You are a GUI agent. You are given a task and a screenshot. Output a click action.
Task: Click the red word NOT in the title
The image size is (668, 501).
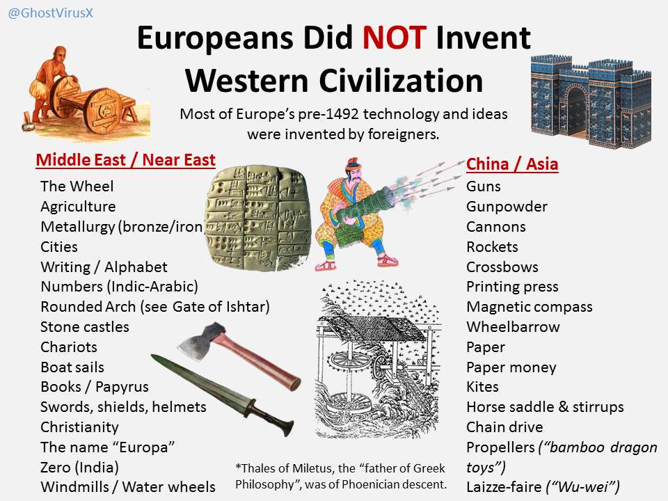tap(394, 38)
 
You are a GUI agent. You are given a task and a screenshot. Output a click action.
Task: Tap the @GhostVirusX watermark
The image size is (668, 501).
tap(50, 13)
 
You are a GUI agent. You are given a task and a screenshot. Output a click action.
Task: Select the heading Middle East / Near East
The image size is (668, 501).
tap(126, 160)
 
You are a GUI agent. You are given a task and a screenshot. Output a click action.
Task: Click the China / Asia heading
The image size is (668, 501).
tap(512, 164)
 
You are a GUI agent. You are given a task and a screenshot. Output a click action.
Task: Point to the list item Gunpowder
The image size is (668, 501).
tap(507, 207)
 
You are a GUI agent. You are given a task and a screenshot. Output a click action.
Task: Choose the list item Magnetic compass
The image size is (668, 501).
tap(530, 307)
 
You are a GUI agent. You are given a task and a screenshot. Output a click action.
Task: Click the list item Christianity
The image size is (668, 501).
tap(79, 427)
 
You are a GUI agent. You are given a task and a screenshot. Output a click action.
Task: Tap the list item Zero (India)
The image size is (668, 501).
tap(79, 468)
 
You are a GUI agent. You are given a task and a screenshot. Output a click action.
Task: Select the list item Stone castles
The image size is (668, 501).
tap(85, 327)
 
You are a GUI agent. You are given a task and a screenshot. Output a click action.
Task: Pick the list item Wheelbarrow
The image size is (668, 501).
tap(514, 327)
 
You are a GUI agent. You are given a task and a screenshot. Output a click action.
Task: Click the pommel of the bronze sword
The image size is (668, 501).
tap(289, 427)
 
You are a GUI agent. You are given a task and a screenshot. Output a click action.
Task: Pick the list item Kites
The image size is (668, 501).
tap(482, 387)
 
